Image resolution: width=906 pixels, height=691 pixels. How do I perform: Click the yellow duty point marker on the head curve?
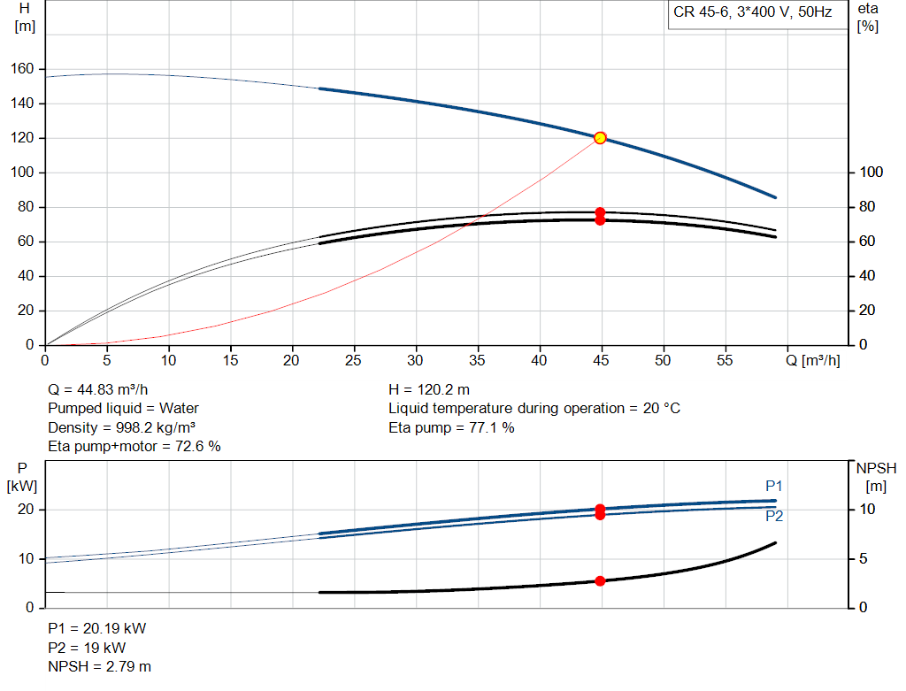tap(600, 137)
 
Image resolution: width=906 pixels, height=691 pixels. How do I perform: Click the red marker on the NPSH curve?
tap(600, 580)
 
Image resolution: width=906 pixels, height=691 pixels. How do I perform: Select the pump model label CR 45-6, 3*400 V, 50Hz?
tap(752, 12)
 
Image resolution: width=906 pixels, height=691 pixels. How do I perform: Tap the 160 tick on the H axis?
tap(22, 69)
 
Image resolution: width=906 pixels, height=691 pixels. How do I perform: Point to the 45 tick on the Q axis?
tap(601, 360)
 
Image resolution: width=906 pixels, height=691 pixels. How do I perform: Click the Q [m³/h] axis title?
tap(813, 360)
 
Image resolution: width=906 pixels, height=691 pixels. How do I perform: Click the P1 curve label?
tap(773, 486)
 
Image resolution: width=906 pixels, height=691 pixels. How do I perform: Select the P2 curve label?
tap(774, 516)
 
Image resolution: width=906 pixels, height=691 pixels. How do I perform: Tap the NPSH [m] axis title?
tap(876, 477)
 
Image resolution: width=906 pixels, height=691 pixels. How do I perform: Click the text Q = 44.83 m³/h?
tap(97, 389)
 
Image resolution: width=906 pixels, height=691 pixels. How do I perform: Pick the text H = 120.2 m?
tap(429, 390)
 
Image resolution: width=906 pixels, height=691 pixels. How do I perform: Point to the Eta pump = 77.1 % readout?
tap(451, 427)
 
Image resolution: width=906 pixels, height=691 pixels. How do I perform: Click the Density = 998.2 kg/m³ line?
tap(121, 427)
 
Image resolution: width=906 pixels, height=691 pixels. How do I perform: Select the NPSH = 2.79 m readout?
tap(99, 667)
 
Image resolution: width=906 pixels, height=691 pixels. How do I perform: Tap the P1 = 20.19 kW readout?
tap(97, 628)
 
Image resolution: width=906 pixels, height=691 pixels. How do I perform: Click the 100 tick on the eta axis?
tap(871, 173)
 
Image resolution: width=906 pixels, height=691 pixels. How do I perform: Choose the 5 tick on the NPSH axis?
tap(864, 558)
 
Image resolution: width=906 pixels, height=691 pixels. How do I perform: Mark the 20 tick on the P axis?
tap(26, 510)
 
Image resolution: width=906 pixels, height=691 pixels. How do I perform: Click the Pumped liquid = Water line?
tap(123, 409)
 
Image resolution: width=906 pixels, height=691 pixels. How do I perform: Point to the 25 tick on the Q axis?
tap(353, 360)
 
